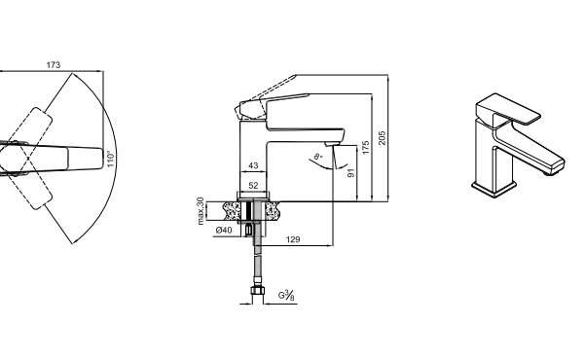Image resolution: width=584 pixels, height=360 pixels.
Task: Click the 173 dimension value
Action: [54, 65]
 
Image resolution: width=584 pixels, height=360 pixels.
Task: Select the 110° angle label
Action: [111, 159]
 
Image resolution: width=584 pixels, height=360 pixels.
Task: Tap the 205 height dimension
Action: [382, 138]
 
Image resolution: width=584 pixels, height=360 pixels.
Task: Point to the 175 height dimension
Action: [365, 148]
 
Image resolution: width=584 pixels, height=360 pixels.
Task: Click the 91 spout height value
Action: [350, 173]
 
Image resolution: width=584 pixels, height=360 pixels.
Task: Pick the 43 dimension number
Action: [253, 165]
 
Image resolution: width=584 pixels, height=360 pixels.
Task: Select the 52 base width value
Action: [253, 186]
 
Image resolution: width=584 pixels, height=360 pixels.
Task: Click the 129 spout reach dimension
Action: [293, 239]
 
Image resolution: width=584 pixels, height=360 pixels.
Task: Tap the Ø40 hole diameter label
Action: [224, 230]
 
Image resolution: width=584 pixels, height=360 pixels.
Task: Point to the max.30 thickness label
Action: [201, 211]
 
